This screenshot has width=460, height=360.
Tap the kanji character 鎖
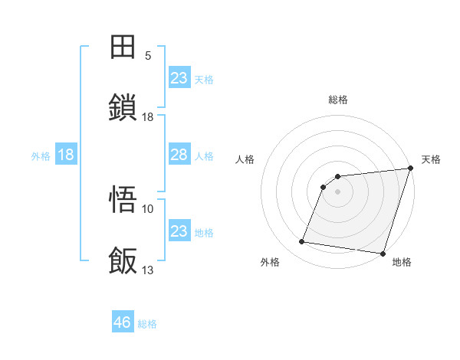click(x=124, y=107)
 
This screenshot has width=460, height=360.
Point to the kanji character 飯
click(x=124, y=260)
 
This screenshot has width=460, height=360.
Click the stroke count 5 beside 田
click(x=148, y=56)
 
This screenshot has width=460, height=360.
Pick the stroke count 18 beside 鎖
click(x=148, y=116)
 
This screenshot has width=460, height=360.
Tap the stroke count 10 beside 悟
click(x=148, y=208)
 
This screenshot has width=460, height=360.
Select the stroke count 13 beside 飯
click(x=148, y=270)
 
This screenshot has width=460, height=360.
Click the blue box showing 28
click(x=179, y=155)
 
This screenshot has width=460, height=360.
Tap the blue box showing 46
click(x=123, y=322)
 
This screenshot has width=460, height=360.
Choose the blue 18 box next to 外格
click(x=66, y=155)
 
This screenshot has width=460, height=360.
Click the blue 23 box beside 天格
click(x=179, y=78)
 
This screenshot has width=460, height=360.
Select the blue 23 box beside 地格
click(x=179, y=231)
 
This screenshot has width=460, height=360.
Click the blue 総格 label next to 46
click(x=147, y=324)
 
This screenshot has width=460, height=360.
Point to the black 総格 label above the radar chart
click(x=338, y=100)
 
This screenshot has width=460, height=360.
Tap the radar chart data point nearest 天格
click(x=410, y=169)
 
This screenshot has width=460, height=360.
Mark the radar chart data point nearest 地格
click(x=383, y=253)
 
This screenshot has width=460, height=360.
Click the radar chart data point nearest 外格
click(x=302, y=242)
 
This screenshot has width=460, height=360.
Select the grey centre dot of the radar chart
click(x=338, y=192)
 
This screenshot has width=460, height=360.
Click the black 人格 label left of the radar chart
click(x=246, y=159)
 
